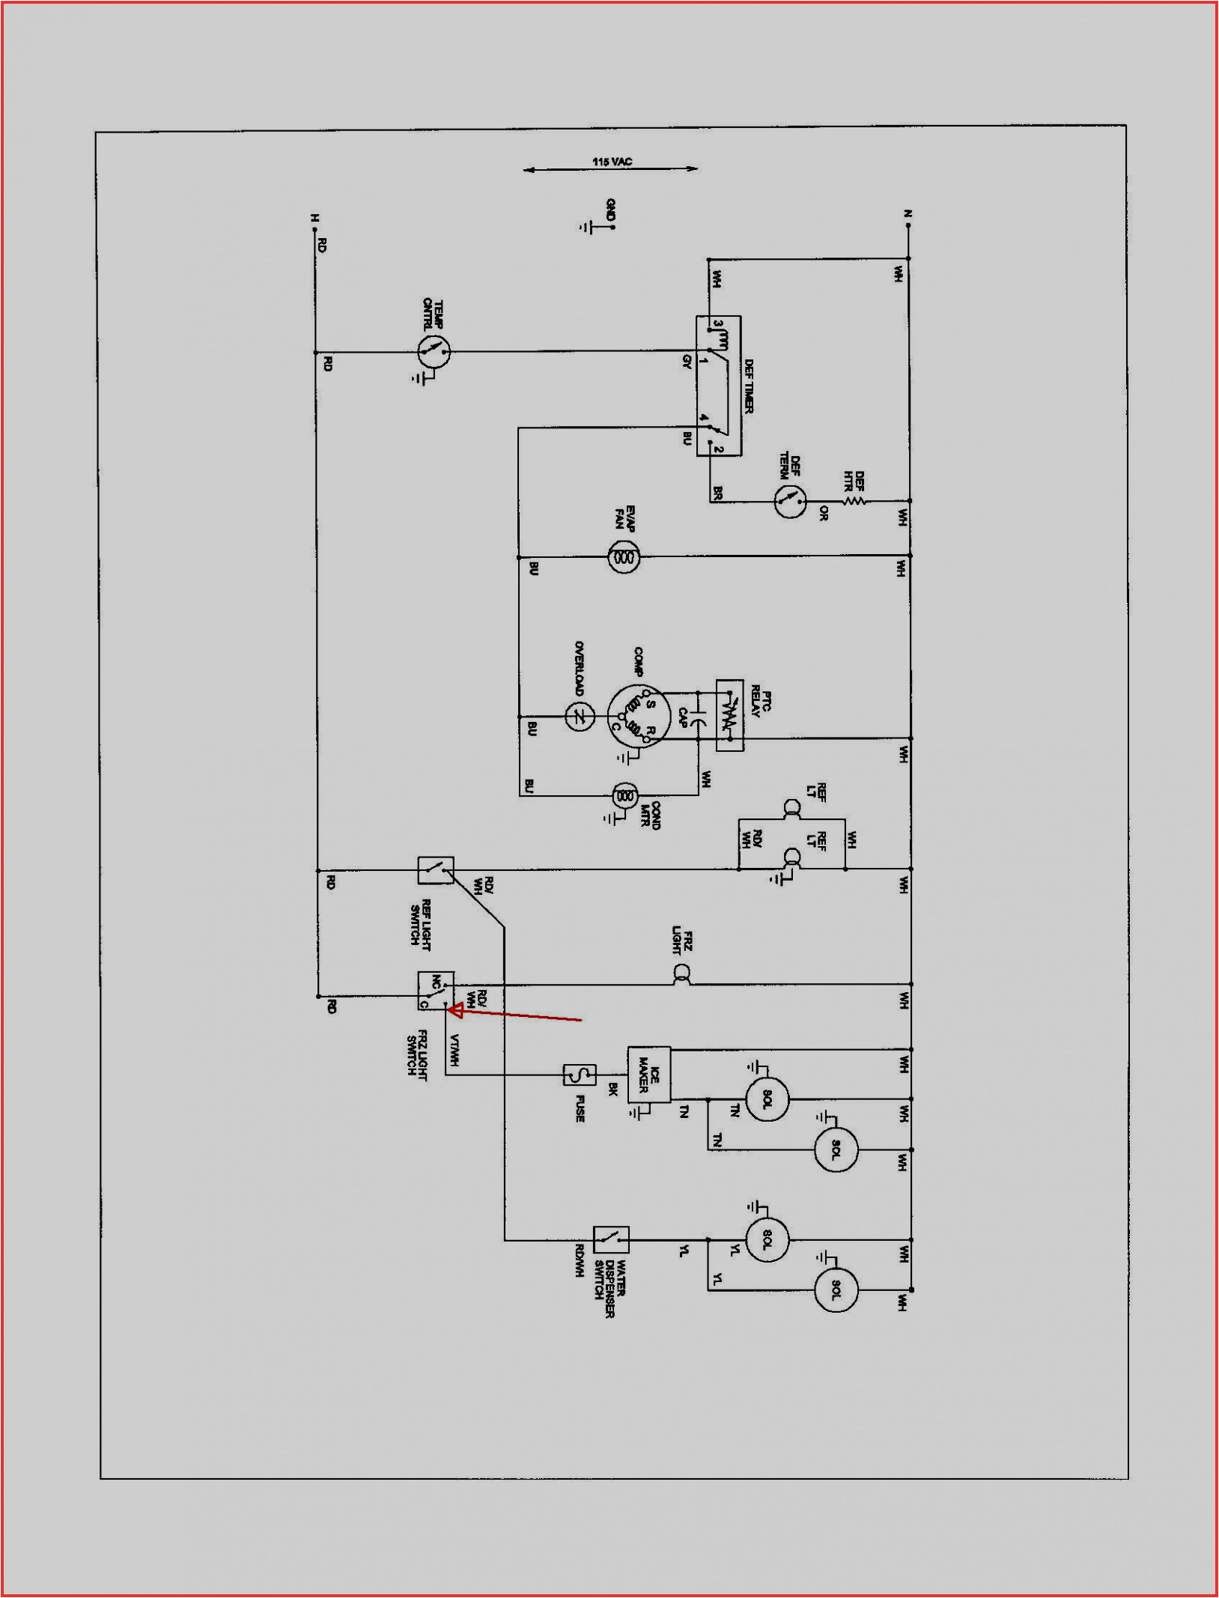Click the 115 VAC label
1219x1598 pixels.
coord(612,161)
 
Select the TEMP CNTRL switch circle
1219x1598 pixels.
coord(434,351)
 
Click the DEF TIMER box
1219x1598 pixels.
coord(719,386)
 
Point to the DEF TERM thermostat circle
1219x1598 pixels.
coord(789,501)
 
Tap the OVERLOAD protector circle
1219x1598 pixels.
coord(579,717)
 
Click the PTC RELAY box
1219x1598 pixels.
coord(729,715)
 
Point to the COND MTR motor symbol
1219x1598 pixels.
coord(625,795)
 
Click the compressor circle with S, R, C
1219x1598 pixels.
coord(637,716)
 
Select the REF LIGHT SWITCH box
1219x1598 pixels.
coord(435,870)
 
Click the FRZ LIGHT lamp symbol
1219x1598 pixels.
coord(681,974)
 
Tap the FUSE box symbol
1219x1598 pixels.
coord(580,1075)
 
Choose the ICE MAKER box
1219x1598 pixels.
coord(648,1075)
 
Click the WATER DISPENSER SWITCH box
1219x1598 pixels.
coord(611,1240)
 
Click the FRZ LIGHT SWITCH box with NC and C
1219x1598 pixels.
coord(435,991)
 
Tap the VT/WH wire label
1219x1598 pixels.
coord(454,1049)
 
